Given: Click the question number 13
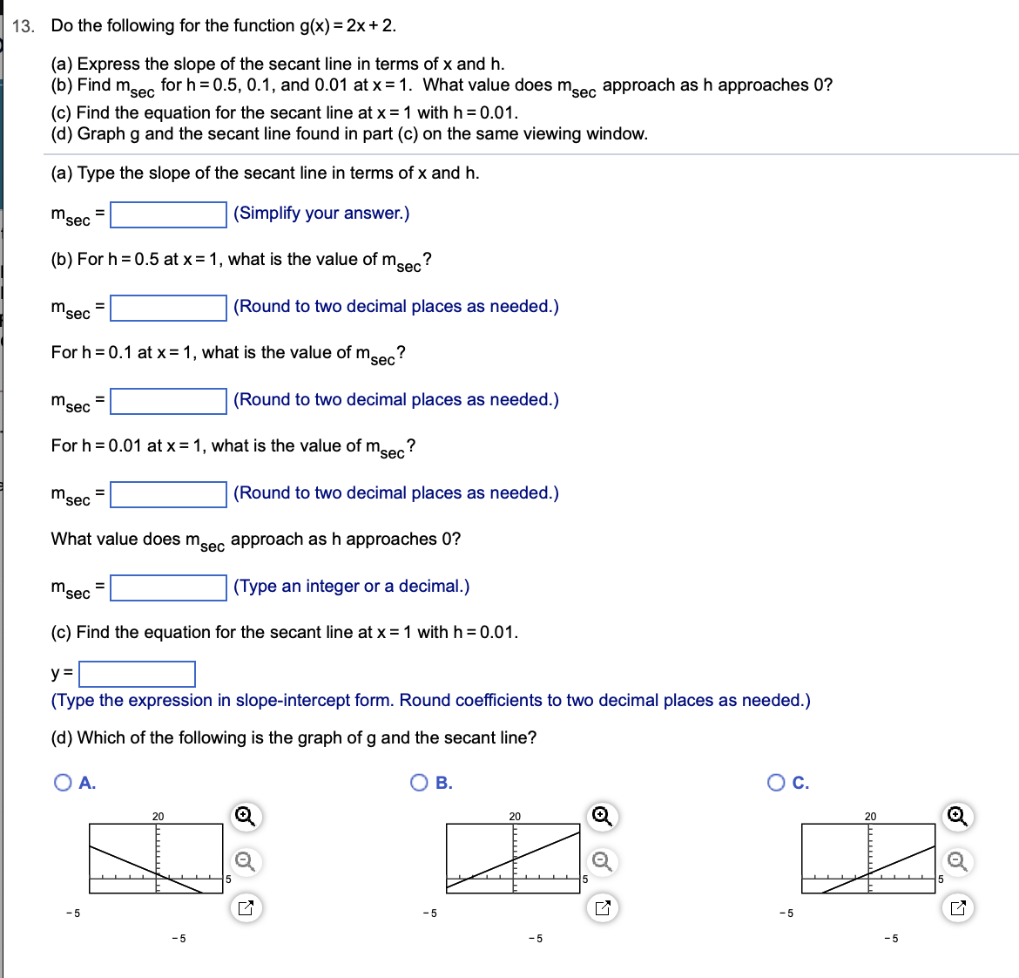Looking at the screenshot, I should [x=24, y=26].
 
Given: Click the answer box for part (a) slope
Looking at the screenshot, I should [x=168, y=214].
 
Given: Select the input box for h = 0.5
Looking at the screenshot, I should [x=168, y=308].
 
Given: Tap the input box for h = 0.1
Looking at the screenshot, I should [x=168, y=401].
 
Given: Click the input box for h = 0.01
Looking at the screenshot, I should [x=168, y=494].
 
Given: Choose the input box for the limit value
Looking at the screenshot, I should [x=168, y=587].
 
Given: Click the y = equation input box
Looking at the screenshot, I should [x=137, y=674].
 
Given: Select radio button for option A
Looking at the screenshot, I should [x=63, y=783].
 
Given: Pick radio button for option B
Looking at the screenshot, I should [x=419, y=783].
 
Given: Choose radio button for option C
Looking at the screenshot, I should [x=776, y=783].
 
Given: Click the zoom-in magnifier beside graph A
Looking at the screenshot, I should [x=246, y=817].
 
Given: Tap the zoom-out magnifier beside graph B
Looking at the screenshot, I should [x=602, y=862].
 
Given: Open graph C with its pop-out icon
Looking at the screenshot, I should [x=957, y=908].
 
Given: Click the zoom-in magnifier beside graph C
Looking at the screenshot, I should [x=957, y=817].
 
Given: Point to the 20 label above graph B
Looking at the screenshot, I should [x=515, y=817].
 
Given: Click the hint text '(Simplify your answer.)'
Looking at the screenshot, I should [x=321, y=214].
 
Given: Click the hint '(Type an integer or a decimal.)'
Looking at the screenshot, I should [x=351, y=587].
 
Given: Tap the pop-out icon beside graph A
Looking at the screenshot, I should [x=246, y=908].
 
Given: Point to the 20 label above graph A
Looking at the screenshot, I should [x=158, y=817].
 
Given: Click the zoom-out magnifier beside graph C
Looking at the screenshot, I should [x=957, y=862].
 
